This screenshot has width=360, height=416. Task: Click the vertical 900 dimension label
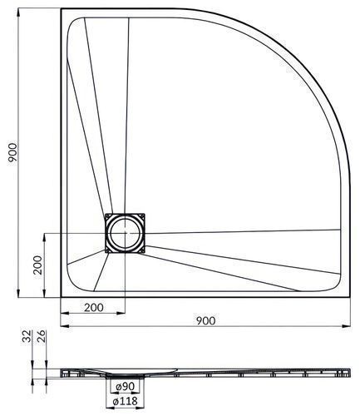12,153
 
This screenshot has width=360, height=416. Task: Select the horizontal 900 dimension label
205,321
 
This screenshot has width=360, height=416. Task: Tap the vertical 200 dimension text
38,265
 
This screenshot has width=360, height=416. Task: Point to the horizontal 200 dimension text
94,308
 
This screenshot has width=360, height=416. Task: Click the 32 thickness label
27,336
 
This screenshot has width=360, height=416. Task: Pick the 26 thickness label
41,336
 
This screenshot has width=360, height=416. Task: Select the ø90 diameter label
125,386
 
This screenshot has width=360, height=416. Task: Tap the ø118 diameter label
125,401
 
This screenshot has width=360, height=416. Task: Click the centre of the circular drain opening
125,233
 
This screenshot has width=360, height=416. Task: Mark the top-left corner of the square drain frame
105,214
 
